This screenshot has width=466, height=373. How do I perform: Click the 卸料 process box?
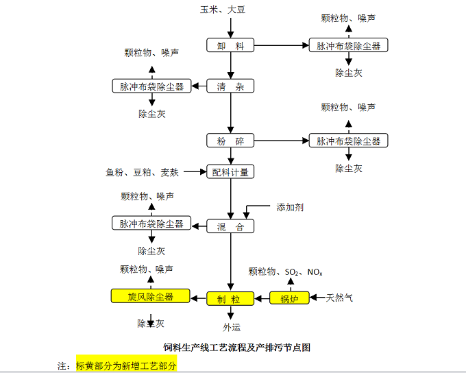point(231,46)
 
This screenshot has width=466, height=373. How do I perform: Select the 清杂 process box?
point(231,86)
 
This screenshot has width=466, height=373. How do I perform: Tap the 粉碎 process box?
point(231,141)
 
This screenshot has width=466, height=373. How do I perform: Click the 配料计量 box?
point(231,172)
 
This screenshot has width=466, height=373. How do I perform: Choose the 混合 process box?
point(231,226)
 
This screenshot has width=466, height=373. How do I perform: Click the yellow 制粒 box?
point(231,298)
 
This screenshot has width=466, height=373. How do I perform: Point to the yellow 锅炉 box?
point(285,298)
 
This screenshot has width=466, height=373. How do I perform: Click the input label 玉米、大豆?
point(223,10)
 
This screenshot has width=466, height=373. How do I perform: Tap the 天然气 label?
point(340,298)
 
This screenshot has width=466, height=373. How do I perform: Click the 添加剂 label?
point(290,206)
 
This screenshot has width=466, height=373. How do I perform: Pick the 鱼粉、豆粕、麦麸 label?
point(142,172)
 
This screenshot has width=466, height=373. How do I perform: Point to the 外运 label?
point(232,327)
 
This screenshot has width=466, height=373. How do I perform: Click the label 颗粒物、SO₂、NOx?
point(286,272)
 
